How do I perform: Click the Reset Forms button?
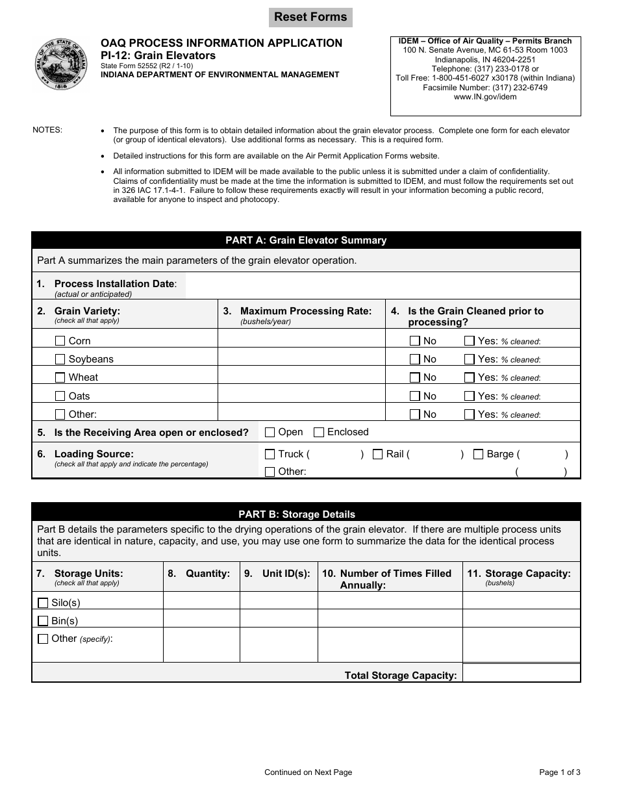point(310,18)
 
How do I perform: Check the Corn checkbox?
point(60,340)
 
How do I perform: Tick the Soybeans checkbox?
point(60,359)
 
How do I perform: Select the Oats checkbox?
point(60,396)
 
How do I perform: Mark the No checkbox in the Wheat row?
point(415,377)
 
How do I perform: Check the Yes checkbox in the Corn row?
point(470,340)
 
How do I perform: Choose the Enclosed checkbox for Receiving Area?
point(319,432)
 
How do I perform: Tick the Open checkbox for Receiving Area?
point(270,432)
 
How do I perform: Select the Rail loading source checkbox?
point(377,454)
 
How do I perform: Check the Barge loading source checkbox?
point(478,454)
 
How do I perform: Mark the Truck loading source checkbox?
point(270,454)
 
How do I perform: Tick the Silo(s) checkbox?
point(44,602)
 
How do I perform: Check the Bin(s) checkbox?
point(44,620)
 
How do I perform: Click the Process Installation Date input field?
point(382,285)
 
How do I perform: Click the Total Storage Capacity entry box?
point(521,674)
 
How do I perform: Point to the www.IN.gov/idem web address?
point(485,97)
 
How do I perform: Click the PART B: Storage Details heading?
point(306,514)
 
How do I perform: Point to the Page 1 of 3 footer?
point(560,772)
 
